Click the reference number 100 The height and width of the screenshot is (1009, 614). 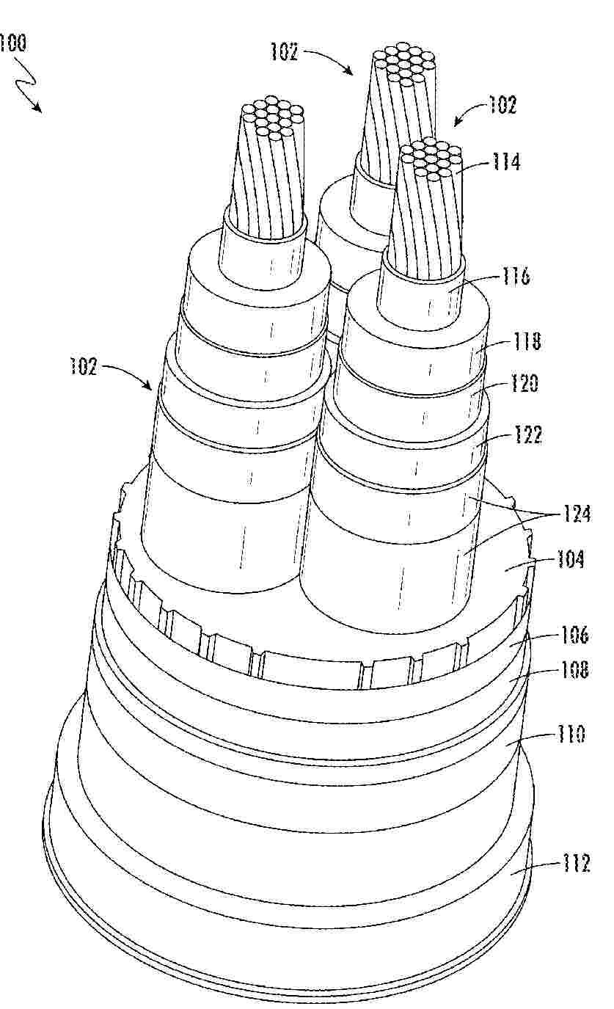tap(12, 44)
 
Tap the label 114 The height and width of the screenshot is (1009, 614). tap(505, 161)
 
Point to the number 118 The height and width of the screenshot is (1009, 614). tap(526, 341)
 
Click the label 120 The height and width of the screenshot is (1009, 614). tap(524, 384)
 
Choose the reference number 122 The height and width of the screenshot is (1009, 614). tap(527, 434)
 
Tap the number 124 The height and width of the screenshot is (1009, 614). tap(576, 514)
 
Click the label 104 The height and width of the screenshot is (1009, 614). tap(570, 559)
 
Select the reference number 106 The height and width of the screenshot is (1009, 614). tap(574, 635)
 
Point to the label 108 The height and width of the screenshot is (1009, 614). tap(574, 670)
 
